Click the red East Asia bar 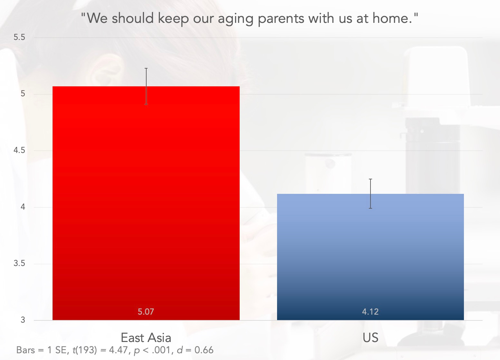click(146, 203)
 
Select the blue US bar click(370, 257)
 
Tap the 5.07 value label click(146, 312)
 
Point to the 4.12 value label click(370, 312)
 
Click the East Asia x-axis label click(146, 338)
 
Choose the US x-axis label click(370, 338)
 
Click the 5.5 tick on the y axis click(19, 37)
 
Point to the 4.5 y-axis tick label click(19, 150)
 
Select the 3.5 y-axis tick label click(19, 263)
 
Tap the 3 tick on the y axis click(23, 320)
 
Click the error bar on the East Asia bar click(146, 86)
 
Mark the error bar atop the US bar click(370, 194)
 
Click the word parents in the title click(281, 19)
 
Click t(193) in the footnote click(85, 350)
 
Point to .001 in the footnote click(161, 350)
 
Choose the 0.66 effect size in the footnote click(204, 350)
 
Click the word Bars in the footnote click(26, 350)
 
